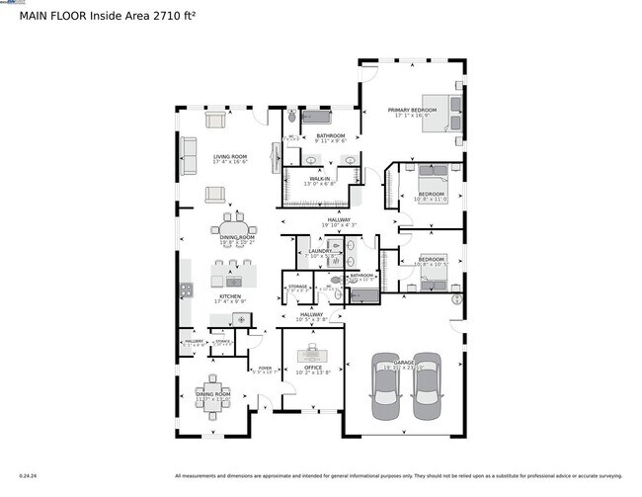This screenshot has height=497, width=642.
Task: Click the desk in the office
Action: point(313,352)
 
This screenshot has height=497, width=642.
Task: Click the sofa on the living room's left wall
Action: point(188,155)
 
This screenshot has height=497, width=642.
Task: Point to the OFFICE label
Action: point(313,368)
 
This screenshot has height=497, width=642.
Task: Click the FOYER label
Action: point(265,368)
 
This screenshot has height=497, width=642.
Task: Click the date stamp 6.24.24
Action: point(27,475)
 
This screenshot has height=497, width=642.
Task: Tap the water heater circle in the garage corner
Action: point(456,298)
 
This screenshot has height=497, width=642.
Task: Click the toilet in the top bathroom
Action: point(291,118)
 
